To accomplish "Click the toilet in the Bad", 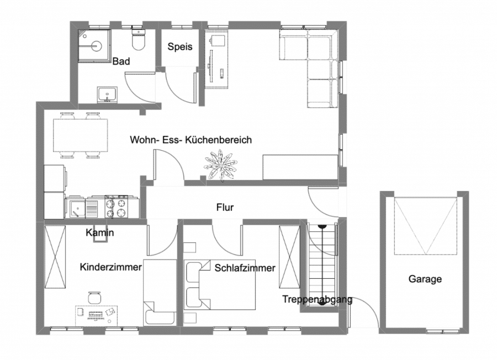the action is [x=138, y=40].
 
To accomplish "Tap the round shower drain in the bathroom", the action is [x=96, y=46].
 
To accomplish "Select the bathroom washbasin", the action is [x=108, y=95].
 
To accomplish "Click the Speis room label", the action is [x=179, y=46].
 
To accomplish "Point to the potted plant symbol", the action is [x=221, y=165].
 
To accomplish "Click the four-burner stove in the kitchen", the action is [x=117, y=207].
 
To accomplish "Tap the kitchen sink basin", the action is [x=77, y=209].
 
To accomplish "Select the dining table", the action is [x=81, y=135].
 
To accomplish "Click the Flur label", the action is [x=225, y=207].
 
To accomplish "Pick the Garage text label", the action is [x=425, y=279].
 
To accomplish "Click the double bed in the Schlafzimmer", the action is [x=220, y=285].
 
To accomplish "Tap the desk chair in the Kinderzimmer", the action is [x=94, y=298].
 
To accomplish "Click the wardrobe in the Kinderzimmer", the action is [x=55, y=257].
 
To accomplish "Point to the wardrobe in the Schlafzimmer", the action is [x=289, y=257].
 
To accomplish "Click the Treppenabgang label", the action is [x=318, y=299].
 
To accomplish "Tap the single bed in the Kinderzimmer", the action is [x=160, y=292].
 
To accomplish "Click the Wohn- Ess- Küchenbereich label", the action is [x=191, y=140].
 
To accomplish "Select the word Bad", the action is [x=121, y=61].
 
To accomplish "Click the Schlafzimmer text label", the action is [x=245, y=268].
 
